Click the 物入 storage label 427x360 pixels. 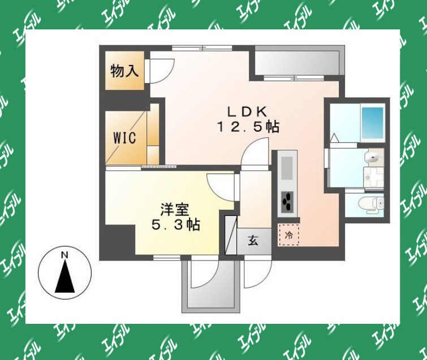point(124,71)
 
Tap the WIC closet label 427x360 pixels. point(124,138)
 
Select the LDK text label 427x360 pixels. point(247,111)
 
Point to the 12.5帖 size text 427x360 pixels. point(248,127)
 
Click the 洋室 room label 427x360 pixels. point(175,210)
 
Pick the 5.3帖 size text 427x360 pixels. point(176,225)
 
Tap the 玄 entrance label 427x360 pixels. point(253,241)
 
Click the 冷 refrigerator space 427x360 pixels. point(288,235)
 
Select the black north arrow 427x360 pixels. point(65,276)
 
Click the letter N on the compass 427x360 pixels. point(64,255)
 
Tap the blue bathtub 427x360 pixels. point(372,123)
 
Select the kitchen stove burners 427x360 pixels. point(287,201)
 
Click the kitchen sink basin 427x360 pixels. point(287,168)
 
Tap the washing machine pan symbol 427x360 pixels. point(373,177)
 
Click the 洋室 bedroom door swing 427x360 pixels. point(221,188)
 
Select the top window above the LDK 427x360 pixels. point(202,49)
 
